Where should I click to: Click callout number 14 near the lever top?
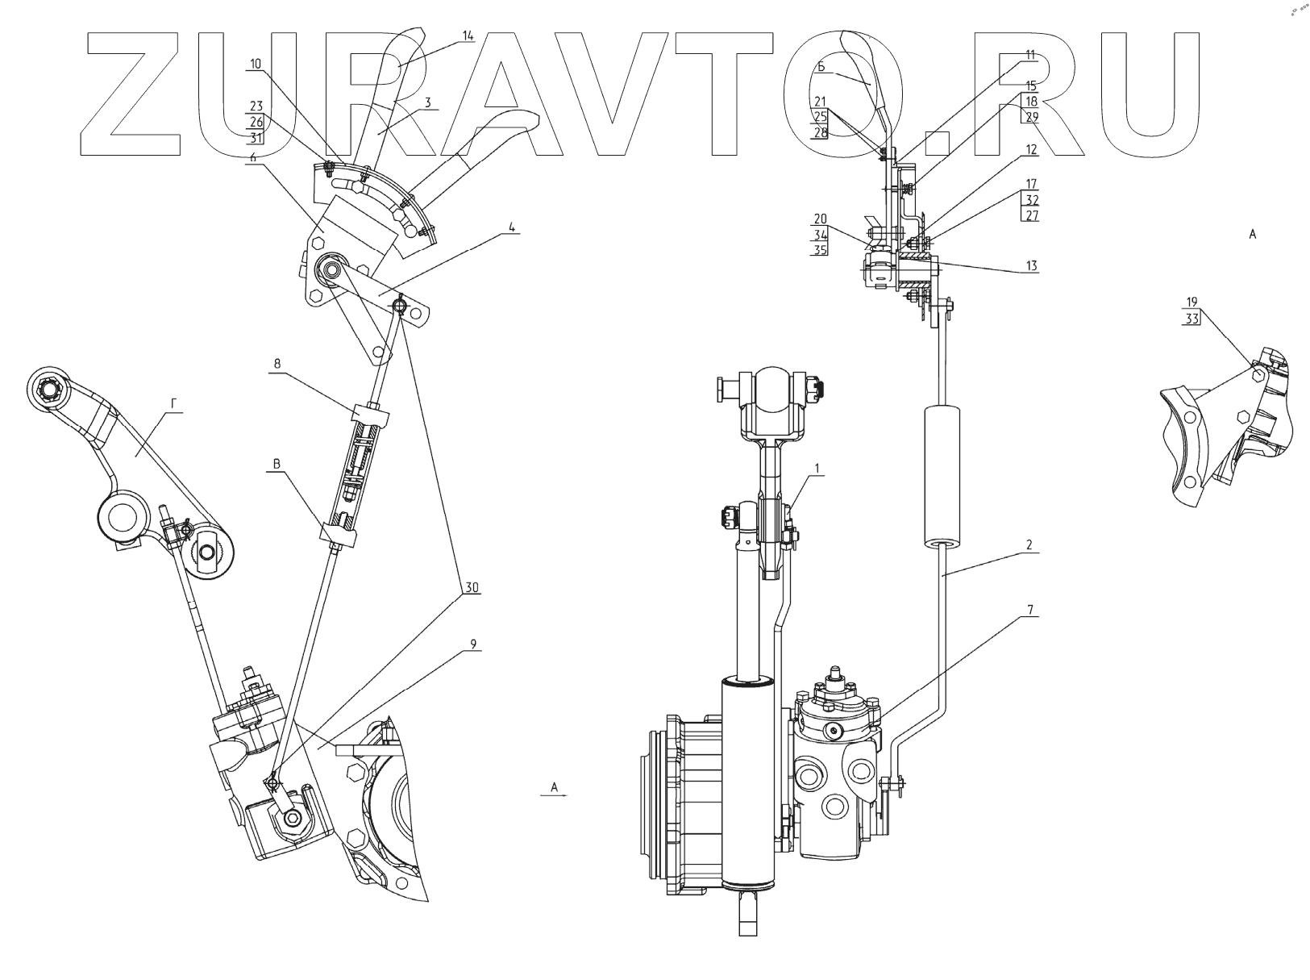pyautogui.click(x=468, y=35)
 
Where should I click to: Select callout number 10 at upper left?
pyautogui.click(x=256, y=64)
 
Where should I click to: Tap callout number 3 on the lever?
pyautogui.click(x=428, y=102)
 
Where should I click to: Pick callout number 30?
pyautogui.click(x=472, y=588)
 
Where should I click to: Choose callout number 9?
pyautogui.click(x=473, y=644)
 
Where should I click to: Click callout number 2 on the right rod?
pyautogui.click(x=1029, y=545)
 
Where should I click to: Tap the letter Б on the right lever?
pyautogui.click(x=821, y=68)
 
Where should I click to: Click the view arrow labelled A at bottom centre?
pyautogui.click(x=555, y=787)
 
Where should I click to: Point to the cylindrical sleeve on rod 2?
pyautogui.click(x=942, y=476)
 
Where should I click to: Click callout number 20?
pyautogui.click(x=821, y=219)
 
